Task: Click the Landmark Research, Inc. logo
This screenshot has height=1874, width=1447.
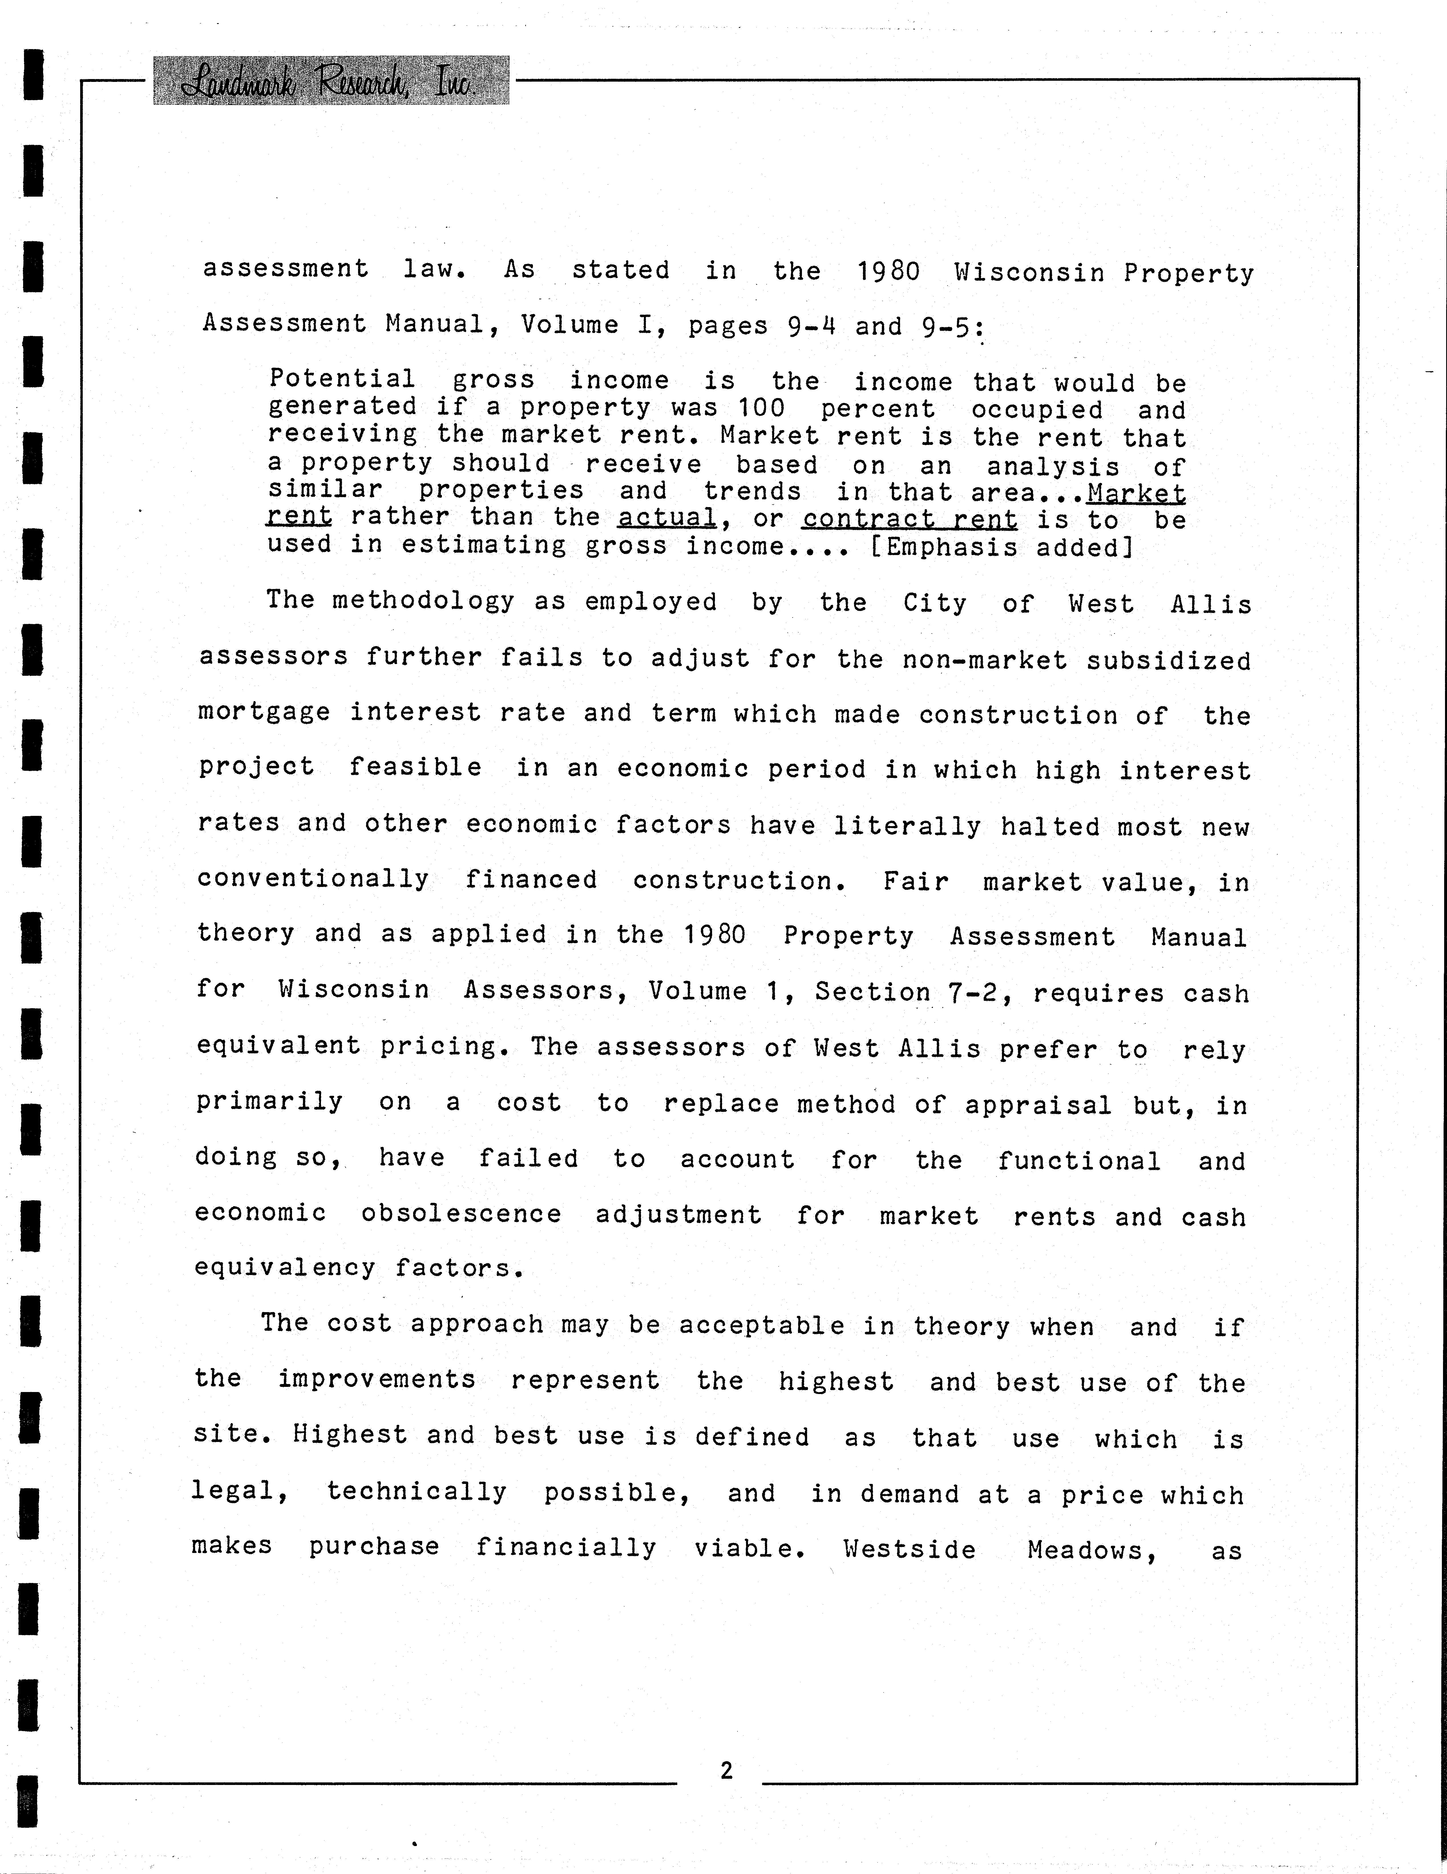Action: point(330,81)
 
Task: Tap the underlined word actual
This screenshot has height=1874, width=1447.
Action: point(666,517)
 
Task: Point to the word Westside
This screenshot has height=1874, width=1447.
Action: point(909,1549)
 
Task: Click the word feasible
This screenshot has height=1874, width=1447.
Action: point(415,766)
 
